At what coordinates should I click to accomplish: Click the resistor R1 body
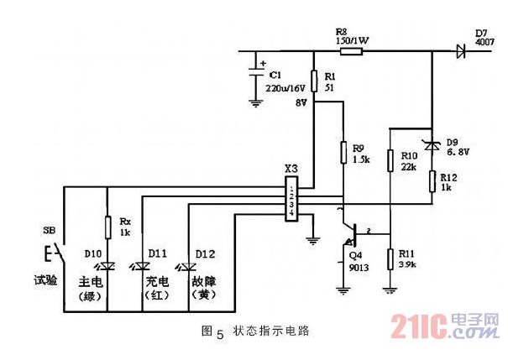click(x=313, y=81)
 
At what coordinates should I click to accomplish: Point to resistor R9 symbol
click(x=343, y=152)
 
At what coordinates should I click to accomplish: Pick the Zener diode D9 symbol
click(x=432, y=146)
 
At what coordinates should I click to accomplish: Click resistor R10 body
click(x=390, y=159)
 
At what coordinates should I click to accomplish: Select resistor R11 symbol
click(x=390, y=258)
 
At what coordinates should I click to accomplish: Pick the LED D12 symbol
click(x=189, y=266)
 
